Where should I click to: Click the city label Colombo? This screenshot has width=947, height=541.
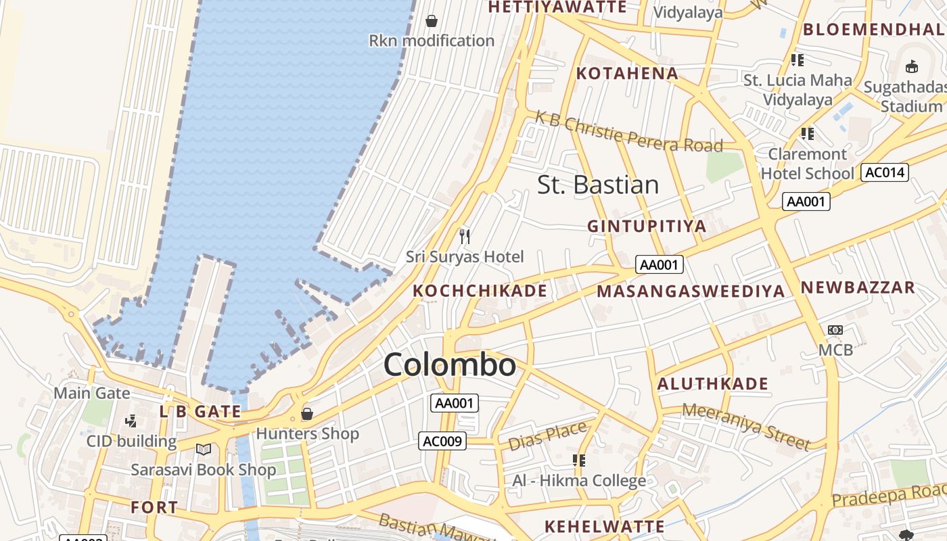click(450, 365)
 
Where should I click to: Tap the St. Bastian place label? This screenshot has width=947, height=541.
click(598, 185)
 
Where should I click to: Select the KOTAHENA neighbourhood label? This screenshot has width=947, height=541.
click(626, 73)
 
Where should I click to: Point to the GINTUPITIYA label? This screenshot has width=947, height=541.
click(647, 226)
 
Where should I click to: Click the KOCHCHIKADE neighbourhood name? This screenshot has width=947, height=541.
click(480, 291)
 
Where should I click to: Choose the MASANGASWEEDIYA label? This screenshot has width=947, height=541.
click(691, 291)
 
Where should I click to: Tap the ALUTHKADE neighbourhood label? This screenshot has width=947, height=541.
click(713, 384)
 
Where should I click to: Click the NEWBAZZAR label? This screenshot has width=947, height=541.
click(858, 287)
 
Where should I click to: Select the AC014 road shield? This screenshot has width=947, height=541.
click(884, 172)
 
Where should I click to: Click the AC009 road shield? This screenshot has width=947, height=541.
click(442, 442)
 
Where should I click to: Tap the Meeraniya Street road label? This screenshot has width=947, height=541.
click(746, 425)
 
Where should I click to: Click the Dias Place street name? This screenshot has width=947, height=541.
click(547, 436)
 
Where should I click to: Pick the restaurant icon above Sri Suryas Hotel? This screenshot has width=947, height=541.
click(465, 236)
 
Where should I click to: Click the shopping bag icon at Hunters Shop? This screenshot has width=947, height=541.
click(307, 413)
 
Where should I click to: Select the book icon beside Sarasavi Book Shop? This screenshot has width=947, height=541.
click(203, 449)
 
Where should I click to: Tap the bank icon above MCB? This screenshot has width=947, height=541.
click(835, 330)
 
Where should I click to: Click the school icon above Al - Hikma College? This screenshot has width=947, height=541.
click(578, 461)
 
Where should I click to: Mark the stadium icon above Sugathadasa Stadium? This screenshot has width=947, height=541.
click(911, 67)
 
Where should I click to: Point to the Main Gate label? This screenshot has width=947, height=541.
click(92, 392)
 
